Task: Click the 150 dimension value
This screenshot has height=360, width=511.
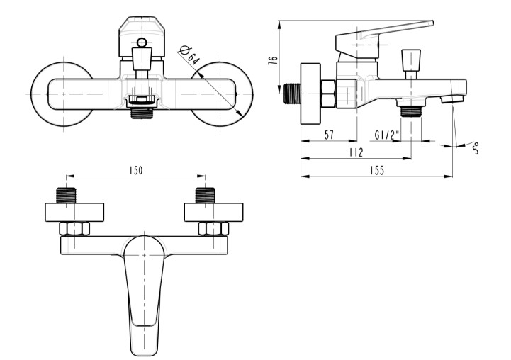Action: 135,171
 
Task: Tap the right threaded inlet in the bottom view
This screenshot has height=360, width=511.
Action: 206,196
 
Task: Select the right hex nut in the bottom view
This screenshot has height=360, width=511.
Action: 212,229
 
